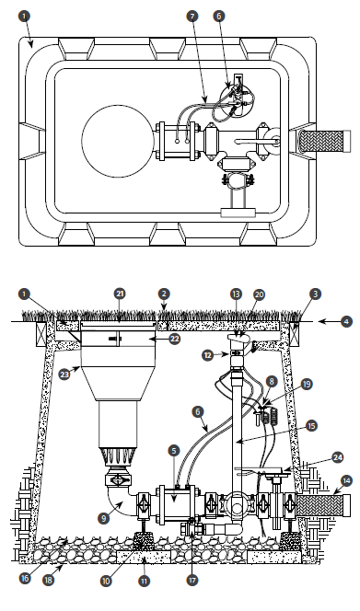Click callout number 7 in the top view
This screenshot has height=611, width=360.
[x=192, y=16]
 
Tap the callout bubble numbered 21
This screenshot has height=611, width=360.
[x=120, y=294]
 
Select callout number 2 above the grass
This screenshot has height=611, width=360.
[x=164, y=294]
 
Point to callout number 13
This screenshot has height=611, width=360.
[x=236, y=294]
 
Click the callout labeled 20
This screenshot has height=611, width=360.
[x=259, y=294]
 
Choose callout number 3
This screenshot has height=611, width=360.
[x=316, y=294]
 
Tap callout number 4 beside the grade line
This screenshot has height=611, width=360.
[x=347, y=322]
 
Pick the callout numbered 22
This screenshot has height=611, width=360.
[x=174, y=339]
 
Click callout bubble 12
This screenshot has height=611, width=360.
[x=209, y=355]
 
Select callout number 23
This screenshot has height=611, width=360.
[x=64, y=375]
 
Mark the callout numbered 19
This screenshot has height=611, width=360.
[x=307, y=385]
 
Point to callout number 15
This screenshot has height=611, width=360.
[x=311, y=426]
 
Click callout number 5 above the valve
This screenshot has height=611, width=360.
[x=174, y=451]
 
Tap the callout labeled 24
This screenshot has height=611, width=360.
[x=337, y=457]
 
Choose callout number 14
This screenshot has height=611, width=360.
[x=346, y=481]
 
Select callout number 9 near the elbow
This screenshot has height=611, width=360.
[x=104, y=519]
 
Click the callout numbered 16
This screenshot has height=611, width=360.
[x=25, y=578]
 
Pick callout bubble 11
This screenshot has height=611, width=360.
[x=145, y=581]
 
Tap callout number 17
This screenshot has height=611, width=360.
[x=192, y=580]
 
